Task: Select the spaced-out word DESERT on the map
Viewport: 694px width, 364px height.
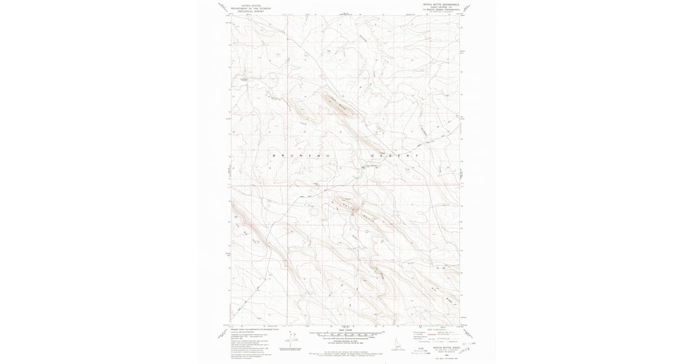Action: [393, 156]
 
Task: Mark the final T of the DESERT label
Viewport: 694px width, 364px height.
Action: [415, 156]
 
